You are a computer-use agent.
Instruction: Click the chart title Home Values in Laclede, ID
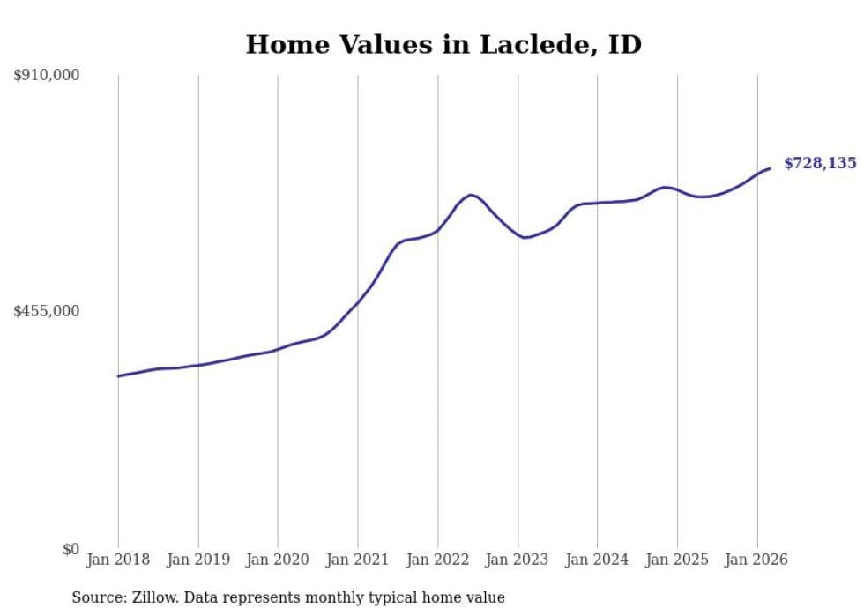coord(443,45)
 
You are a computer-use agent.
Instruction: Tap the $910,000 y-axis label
coord(47,76)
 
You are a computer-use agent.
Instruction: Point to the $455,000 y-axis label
coord(47,311)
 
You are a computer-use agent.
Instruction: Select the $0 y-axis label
coord(71,549)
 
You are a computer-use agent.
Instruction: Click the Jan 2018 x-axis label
coord(118,560)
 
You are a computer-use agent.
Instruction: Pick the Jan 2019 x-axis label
coord(198,560)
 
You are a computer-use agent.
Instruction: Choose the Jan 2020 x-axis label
coord(278,560)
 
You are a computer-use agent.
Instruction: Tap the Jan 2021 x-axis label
coord(358,560)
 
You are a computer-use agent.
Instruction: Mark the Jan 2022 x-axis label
coord(437,560)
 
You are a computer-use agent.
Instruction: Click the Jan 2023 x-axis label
coord(518,560)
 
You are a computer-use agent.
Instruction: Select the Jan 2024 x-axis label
coord(597,560)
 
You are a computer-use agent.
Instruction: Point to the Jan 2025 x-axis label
coord(677,560)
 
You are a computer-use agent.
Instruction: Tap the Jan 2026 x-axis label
coord(756,560)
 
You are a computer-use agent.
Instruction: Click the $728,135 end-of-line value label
coord(820,163)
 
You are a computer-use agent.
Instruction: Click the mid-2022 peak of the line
coord(471,194)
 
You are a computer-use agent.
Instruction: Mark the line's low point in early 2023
coord(525,237)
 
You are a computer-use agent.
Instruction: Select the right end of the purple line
coord(770,168)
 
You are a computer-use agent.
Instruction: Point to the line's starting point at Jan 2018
coord(118,376)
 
